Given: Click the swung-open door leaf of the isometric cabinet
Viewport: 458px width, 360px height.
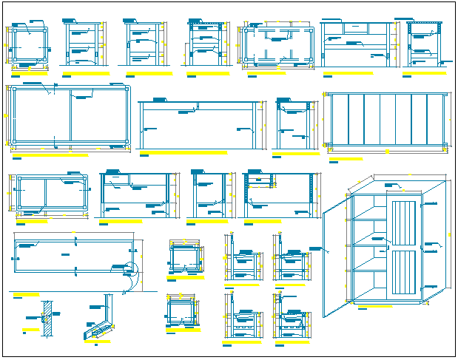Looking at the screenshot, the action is tap(335, 259).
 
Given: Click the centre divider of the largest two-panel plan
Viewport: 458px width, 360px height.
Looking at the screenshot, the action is tap(71, 117).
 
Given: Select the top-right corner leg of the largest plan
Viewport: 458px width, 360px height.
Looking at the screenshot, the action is tap(127, 90).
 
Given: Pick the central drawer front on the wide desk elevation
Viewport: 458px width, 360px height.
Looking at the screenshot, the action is tap(356, 28).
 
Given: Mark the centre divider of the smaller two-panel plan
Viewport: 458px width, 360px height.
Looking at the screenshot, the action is tap(46, 195).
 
